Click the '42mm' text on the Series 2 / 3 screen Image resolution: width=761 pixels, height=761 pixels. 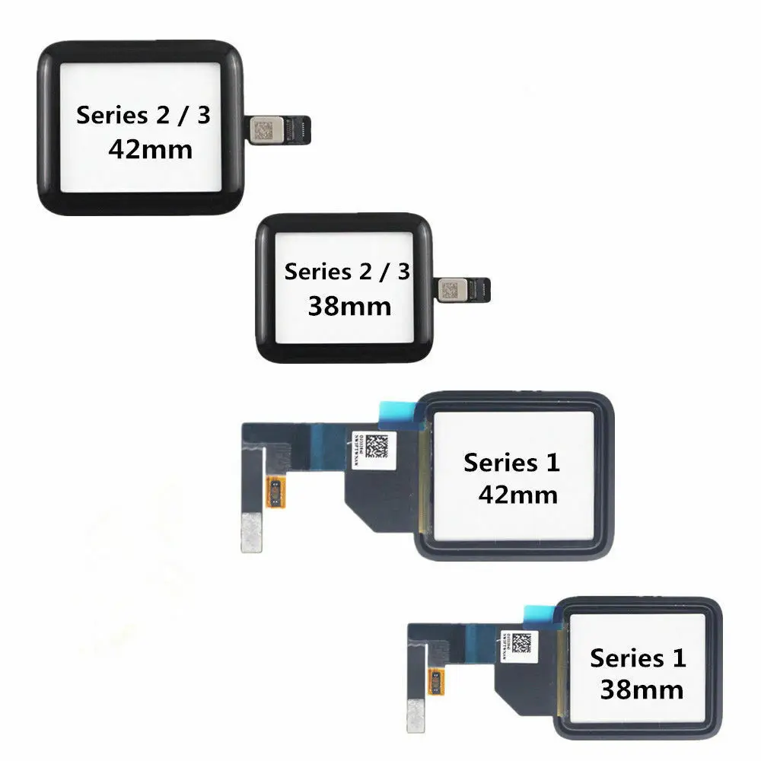point(150,148)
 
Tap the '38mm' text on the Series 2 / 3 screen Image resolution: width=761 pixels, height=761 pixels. point(349,306)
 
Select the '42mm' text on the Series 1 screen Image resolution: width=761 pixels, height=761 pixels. point(517,495)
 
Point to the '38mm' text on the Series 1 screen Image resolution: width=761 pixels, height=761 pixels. point(641,689)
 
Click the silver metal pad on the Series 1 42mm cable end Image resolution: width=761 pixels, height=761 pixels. point(251,531)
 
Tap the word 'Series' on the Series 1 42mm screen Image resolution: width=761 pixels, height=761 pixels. point(499,462)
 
